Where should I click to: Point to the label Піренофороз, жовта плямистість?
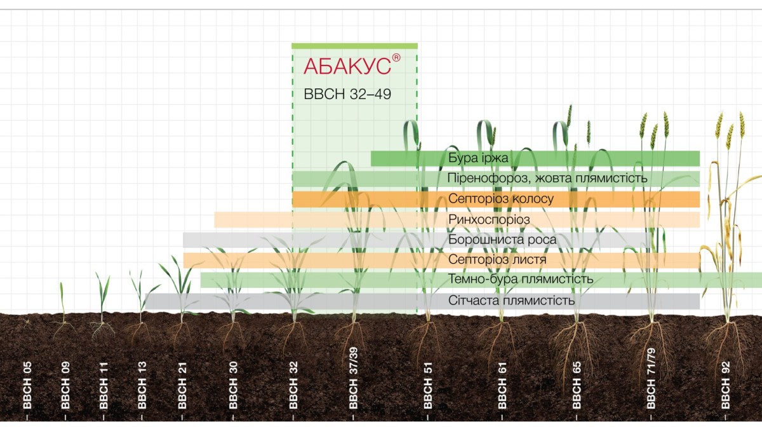pyautogui.click(x=547, y=179)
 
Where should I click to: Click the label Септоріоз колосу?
pyautogui.click(x=501, y=199)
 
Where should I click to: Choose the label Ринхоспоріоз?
pyautogui.click(x=489, y=219)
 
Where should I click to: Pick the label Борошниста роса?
pyautogui.click(x=502, y=240)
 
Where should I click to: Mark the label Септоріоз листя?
pyautogui.click(x=497, y=260)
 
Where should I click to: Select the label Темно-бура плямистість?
pyautogui.click(x=521, y=280)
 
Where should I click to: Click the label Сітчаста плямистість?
pyautogui.click(x=511, y=301)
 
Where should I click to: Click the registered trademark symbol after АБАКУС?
pyautogui.click(x=396, y=58)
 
